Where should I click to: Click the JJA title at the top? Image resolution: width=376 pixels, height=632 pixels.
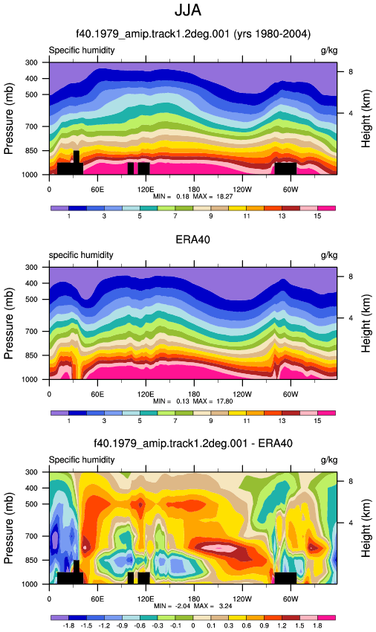coord(188,10)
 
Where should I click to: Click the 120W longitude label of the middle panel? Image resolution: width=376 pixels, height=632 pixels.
coord(242,394)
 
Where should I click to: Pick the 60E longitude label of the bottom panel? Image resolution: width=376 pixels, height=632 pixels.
coord(97,599)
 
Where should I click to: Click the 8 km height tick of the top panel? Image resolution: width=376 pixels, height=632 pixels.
coord(351,71)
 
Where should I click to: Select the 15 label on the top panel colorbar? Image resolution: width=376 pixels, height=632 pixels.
coord(317,216)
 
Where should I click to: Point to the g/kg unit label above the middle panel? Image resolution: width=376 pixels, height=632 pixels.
coord(329,255)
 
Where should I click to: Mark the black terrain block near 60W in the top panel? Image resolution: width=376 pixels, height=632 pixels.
coord(286,169)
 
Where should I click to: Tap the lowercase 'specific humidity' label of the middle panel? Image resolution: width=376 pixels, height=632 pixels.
coord(81,255)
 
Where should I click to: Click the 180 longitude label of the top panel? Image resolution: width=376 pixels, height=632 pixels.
coord(194,189)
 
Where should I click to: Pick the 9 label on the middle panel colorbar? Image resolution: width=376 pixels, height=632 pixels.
coord(211,421)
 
